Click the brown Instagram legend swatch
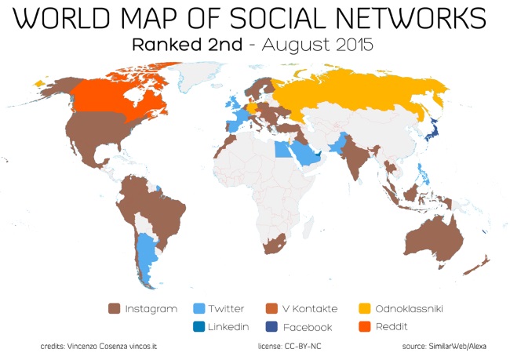click(x=113, y=309)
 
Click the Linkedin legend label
click(x=228, y=327)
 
